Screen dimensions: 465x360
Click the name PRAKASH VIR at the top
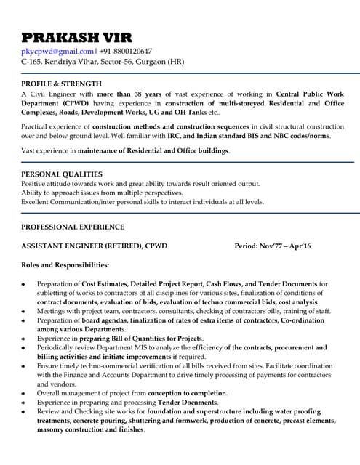(81, 37)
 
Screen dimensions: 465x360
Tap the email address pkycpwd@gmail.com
(57, 52)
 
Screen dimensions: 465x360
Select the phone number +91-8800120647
(126, 52)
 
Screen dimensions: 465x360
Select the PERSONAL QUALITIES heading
(62, 174)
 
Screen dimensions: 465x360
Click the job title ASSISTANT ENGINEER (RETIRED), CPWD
(95, 246)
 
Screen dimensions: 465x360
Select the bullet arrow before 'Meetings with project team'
(24, 311)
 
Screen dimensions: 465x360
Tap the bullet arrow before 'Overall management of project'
(24, 393)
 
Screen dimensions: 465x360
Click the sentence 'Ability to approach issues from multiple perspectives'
(102, 193)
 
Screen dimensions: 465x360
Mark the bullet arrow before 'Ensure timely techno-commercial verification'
(24, 366)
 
